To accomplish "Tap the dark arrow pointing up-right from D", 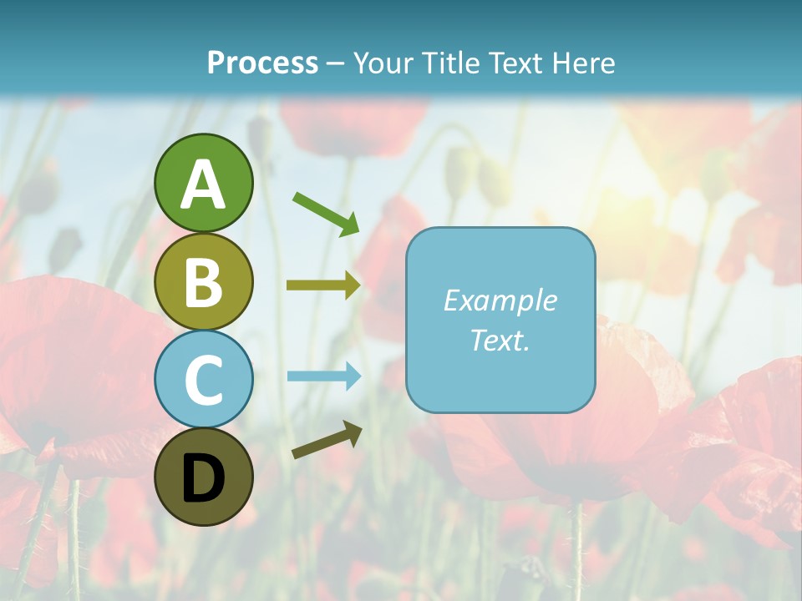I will pyautogui.click(x=327, y=441).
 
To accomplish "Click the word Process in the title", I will pyautogui.click(x=262, y=63).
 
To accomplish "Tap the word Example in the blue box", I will pyautogui.click(x=500, y=300).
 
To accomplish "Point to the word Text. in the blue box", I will pyautogui.click(x=500, y=340).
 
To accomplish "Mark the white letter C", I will pyautogui.click(x=203, y=381).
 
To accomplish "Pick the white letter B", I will pyautogui.click(x=203, y=283).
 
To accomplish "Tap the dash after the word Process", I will pyautogui.click(x=336, y=64).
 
